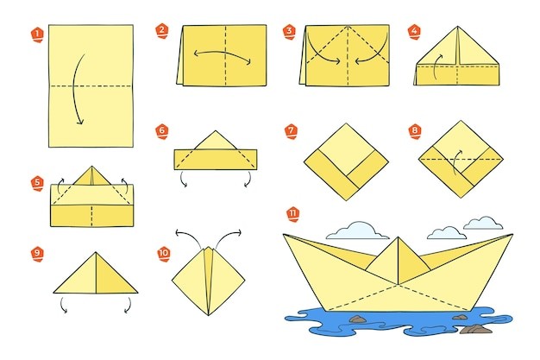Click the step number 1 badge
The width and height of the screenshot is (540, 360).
point(37,35)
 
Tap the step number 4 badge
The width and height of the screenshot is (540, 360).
point(414,32)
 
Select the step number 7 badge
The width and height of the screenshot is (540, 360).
point(292,131)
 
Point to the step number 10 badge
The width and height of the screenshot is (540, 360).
point(164,254)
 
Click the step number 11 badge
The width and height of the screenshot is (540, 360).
point(292,214)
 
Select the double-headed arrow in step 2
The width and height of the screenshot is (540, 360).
point(223,54)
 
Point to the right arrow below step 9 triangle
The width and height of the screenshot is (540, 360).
point(129,305)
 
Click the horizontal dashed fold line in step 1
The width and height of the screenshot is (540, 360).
point(91,85)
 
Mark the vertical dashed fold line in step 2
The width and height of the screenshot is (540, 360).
point(225,55)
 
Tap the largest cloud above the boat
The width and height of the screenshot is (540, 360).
point(358,231)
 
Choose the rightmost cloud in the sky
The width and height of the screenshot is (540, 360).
point(483,223)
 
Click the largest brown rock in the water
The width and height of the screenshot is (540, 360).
point(476,329)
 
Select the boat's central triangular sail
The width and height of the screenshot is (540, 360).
point(399,261)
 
